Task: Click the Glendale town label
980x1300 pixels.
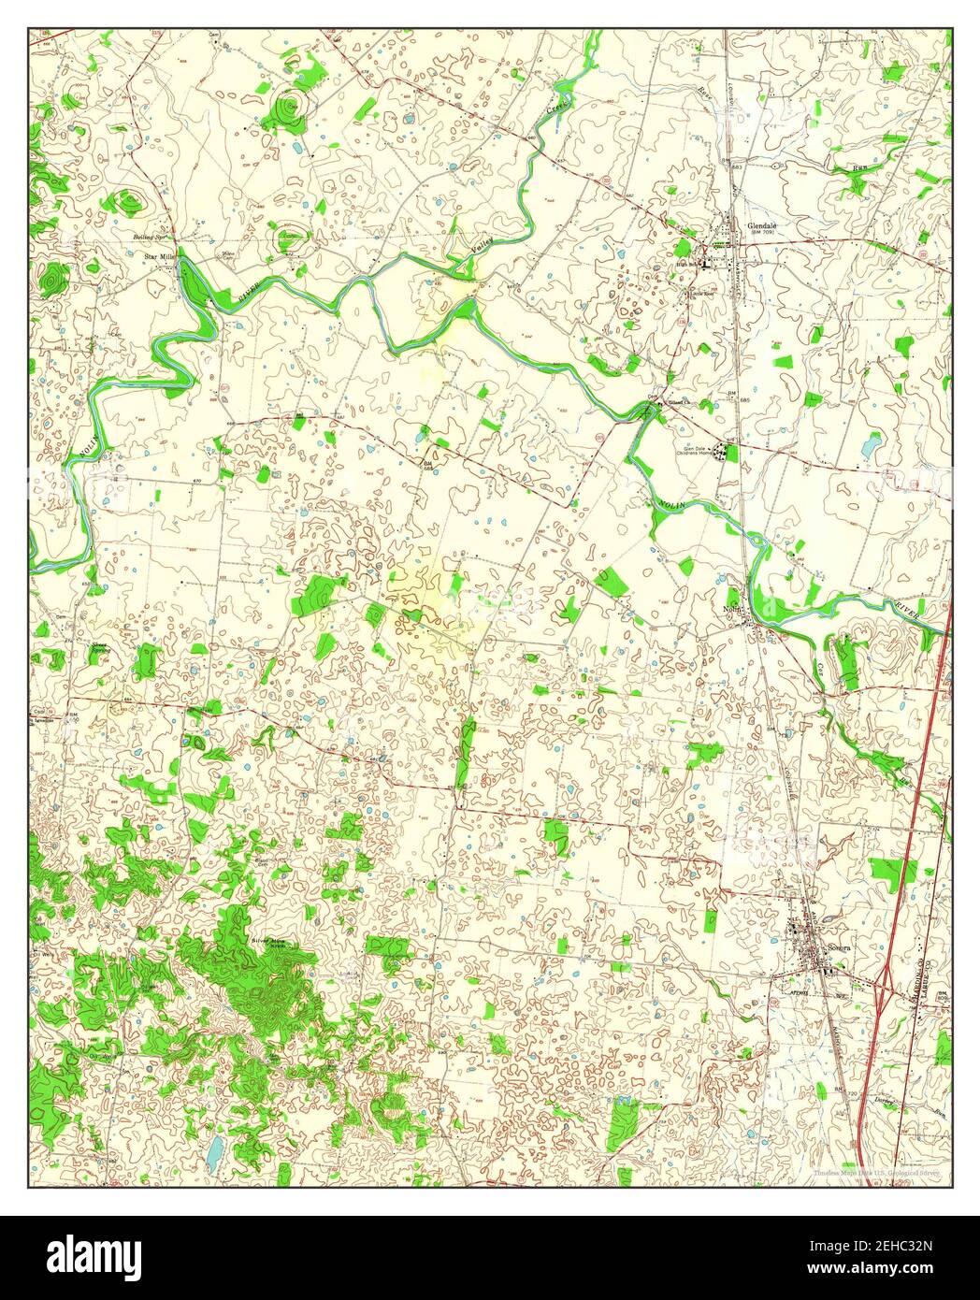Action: [x=763, y=226]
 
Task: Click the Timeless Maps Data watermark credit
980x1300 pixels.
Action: [x=876, y=1171]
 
